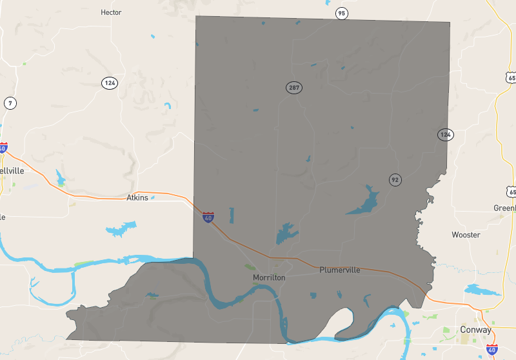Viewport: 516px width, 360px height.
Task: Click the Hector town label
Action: coord(111,12)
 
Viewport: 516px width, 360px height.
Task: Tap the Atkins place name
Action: coord(137,197)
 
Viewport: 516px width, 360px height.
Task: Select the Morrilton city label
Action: coord(269,277)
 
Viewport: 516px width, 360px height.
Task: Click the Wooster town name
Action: coord(466,235)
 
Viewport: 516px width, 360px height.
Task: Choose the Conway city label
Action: coord(475,329)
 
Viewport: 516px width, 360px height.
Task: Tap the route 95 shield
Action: coord(341,14)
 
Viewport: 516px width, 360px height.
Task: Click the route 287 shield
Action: coord(294,87)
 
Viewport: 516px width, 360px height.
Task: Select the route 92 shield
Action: coord(395,179)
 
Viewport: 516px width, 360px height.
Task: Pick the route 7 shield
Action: coord(10,103)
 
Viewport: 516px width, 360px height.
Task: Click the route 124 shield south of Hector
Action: coord(109,83)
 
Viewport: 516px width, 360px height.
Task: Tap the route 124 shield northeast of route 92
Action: coord(445,134)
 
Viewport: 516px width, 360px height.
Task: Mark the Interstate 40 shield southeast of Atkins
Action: coord(208,217)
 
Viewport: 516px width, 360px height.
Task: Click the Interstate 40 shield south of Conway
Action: coord(491,349)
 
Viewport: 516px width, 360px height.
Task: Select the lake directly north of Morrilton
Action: coord(285,233)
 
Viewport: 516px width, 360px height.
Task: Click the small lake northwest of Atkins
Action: coord(61,177)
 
